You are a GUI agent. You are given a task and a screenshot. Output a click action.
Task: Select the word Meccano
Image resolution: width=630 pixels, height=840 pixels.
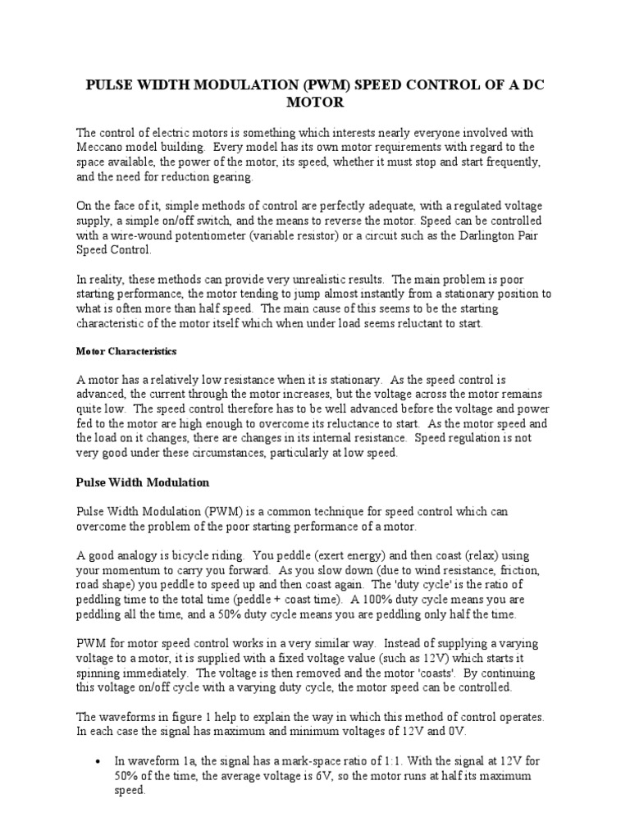103,147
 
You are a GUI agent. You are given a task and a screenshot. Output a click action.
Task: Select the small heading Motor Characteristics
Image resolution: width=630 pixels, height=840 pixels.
126,351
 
